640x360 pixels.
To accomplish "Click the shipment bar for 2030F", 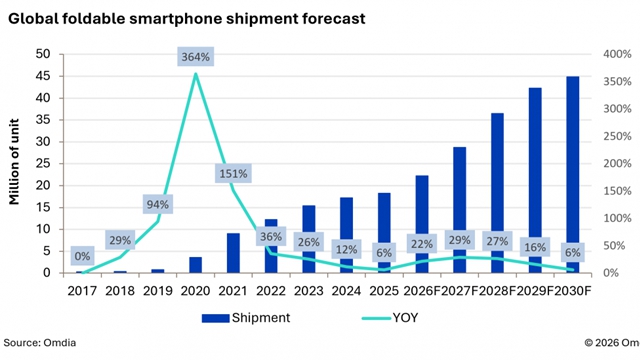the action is pos(573,174).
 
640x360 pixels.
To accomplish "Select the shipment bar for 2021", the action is pos(233,253).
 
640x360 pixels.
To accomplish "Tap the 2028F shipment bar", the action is pos(497,193).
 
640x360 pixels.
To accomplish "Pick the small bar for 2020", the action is pos(196,265).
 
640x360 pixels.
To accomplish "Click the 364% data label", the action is pos(196,57).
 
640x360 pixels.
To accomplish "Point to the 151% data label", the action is pos(233,173).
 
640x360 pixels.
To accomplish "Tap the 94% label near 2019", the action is pos(158,204).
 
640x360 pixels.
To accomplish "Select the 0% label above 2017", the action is pos(82,256).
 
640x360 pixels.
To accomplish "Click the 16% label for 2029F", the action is pos(535,247).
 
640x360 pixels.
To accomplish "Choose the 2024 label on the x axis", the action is pos(346,291).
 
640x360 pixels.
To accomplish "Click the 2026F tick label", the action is pos(422,291).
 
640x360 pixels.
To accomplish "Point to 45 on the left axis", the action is pos(43,76).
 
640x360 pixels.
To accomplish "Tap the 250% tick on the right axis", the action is pos(618,136).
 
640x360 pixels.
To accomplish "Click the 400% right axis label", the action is pos(618,54).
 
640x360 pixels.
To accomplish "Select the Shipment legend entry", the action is pos(246,318).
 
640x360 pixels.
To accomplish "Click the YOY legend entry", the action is pos(390,318).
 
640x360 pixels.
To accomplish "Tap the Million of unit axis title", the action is pos(14,162).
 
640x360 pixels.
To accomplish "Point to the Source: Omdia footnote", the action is pos(40,342).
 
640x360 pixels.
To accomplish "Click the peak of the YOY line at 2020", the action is pos(196,74).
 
